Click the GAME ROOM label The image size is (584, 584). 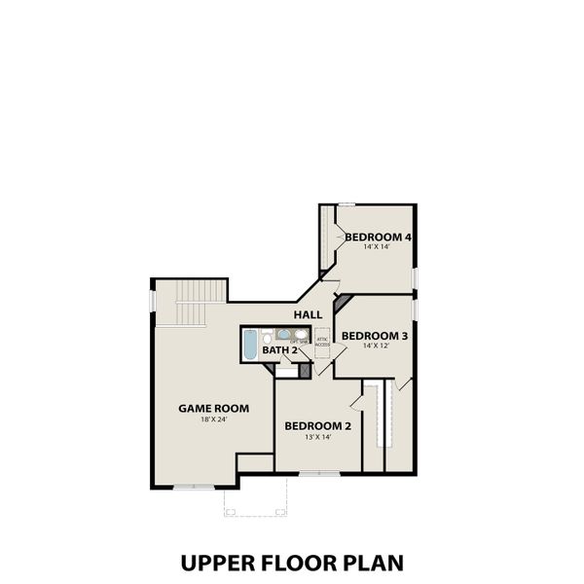(213, 408)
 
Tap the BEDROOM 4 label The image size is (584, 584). (378, 237)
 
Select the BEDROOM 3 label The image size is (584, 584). (374, 335)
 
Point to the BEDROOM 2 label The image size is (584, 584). (316, 425)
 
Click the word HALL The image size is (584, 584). (309, 314)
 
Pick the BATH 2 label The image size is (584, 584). (279, 349)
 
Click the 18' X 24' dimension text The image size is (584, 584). (213, 420)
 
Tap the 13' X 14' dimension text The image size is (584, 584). (316, 437)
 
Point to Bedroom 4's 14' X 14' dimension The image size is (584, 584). (378, 248)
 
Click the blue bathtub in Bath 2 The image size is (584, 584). (249, 345)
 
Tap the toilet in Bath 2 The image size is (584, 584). (266, 338)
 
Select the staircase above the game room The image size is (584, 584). (189, 304)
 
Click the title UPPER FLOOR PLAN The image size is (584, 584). (291, 563)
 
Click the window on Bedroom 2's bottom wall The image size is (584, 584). (313, 473)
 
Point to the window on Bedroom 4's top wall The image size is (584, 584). (346, 203)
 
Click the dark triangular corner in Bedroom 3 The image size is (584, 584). (341, 304)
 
